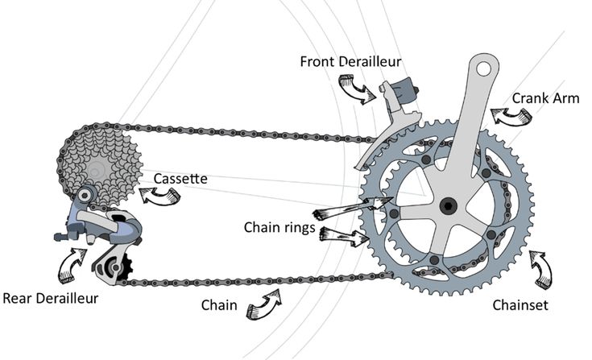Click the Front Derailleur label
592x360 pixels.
coord(350,61)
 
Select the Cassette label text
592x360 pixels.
coord(180,177)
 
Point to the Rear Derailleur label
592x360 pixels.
coord(50,298)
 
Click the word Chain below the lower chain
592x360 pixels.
coord(219,305)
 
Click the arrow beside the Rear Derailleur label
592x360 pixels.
coord(72,263)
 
